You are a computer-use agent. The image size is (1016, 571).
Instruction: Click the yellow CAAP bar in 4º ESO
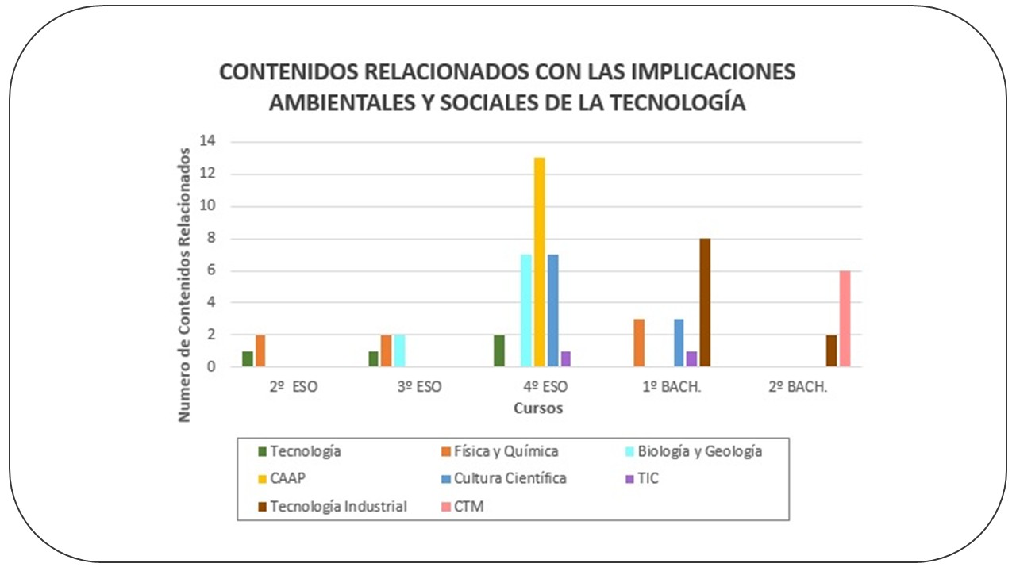(x=539, y=262)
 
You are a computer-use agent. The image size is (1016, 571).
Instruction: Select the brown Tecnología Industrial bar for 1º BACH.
(x=704, y=302)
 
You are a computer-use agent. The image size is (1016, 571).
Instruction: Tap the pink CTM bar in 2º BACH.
(x=845, y=318)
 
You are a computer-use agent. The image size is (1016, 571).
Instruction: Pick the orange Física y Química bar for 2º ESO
(x=260, y=351)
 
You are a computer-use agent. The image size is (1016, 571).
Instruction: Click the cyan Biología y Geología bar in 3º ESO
(x=399, y=351)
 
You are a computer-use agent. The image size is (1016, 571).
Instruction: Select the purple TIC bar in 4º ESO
(x=565, y=358)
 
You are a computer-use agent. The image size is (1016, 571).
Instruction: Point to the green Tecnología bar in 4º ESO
(x=499, y=351)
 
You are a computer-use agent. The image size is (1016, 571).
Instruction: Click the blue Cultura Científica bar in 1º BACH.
(x=679, y=343)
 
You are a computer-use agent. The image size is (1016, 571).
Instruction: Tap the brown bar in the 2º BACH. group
(x=831, y=351)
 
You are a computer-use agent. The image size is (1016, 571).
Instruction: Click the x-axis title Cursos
(x=538, y=409)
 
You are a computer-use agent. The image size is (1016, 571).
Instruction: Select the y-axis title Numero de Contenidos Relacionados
(x=185, y=284)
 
